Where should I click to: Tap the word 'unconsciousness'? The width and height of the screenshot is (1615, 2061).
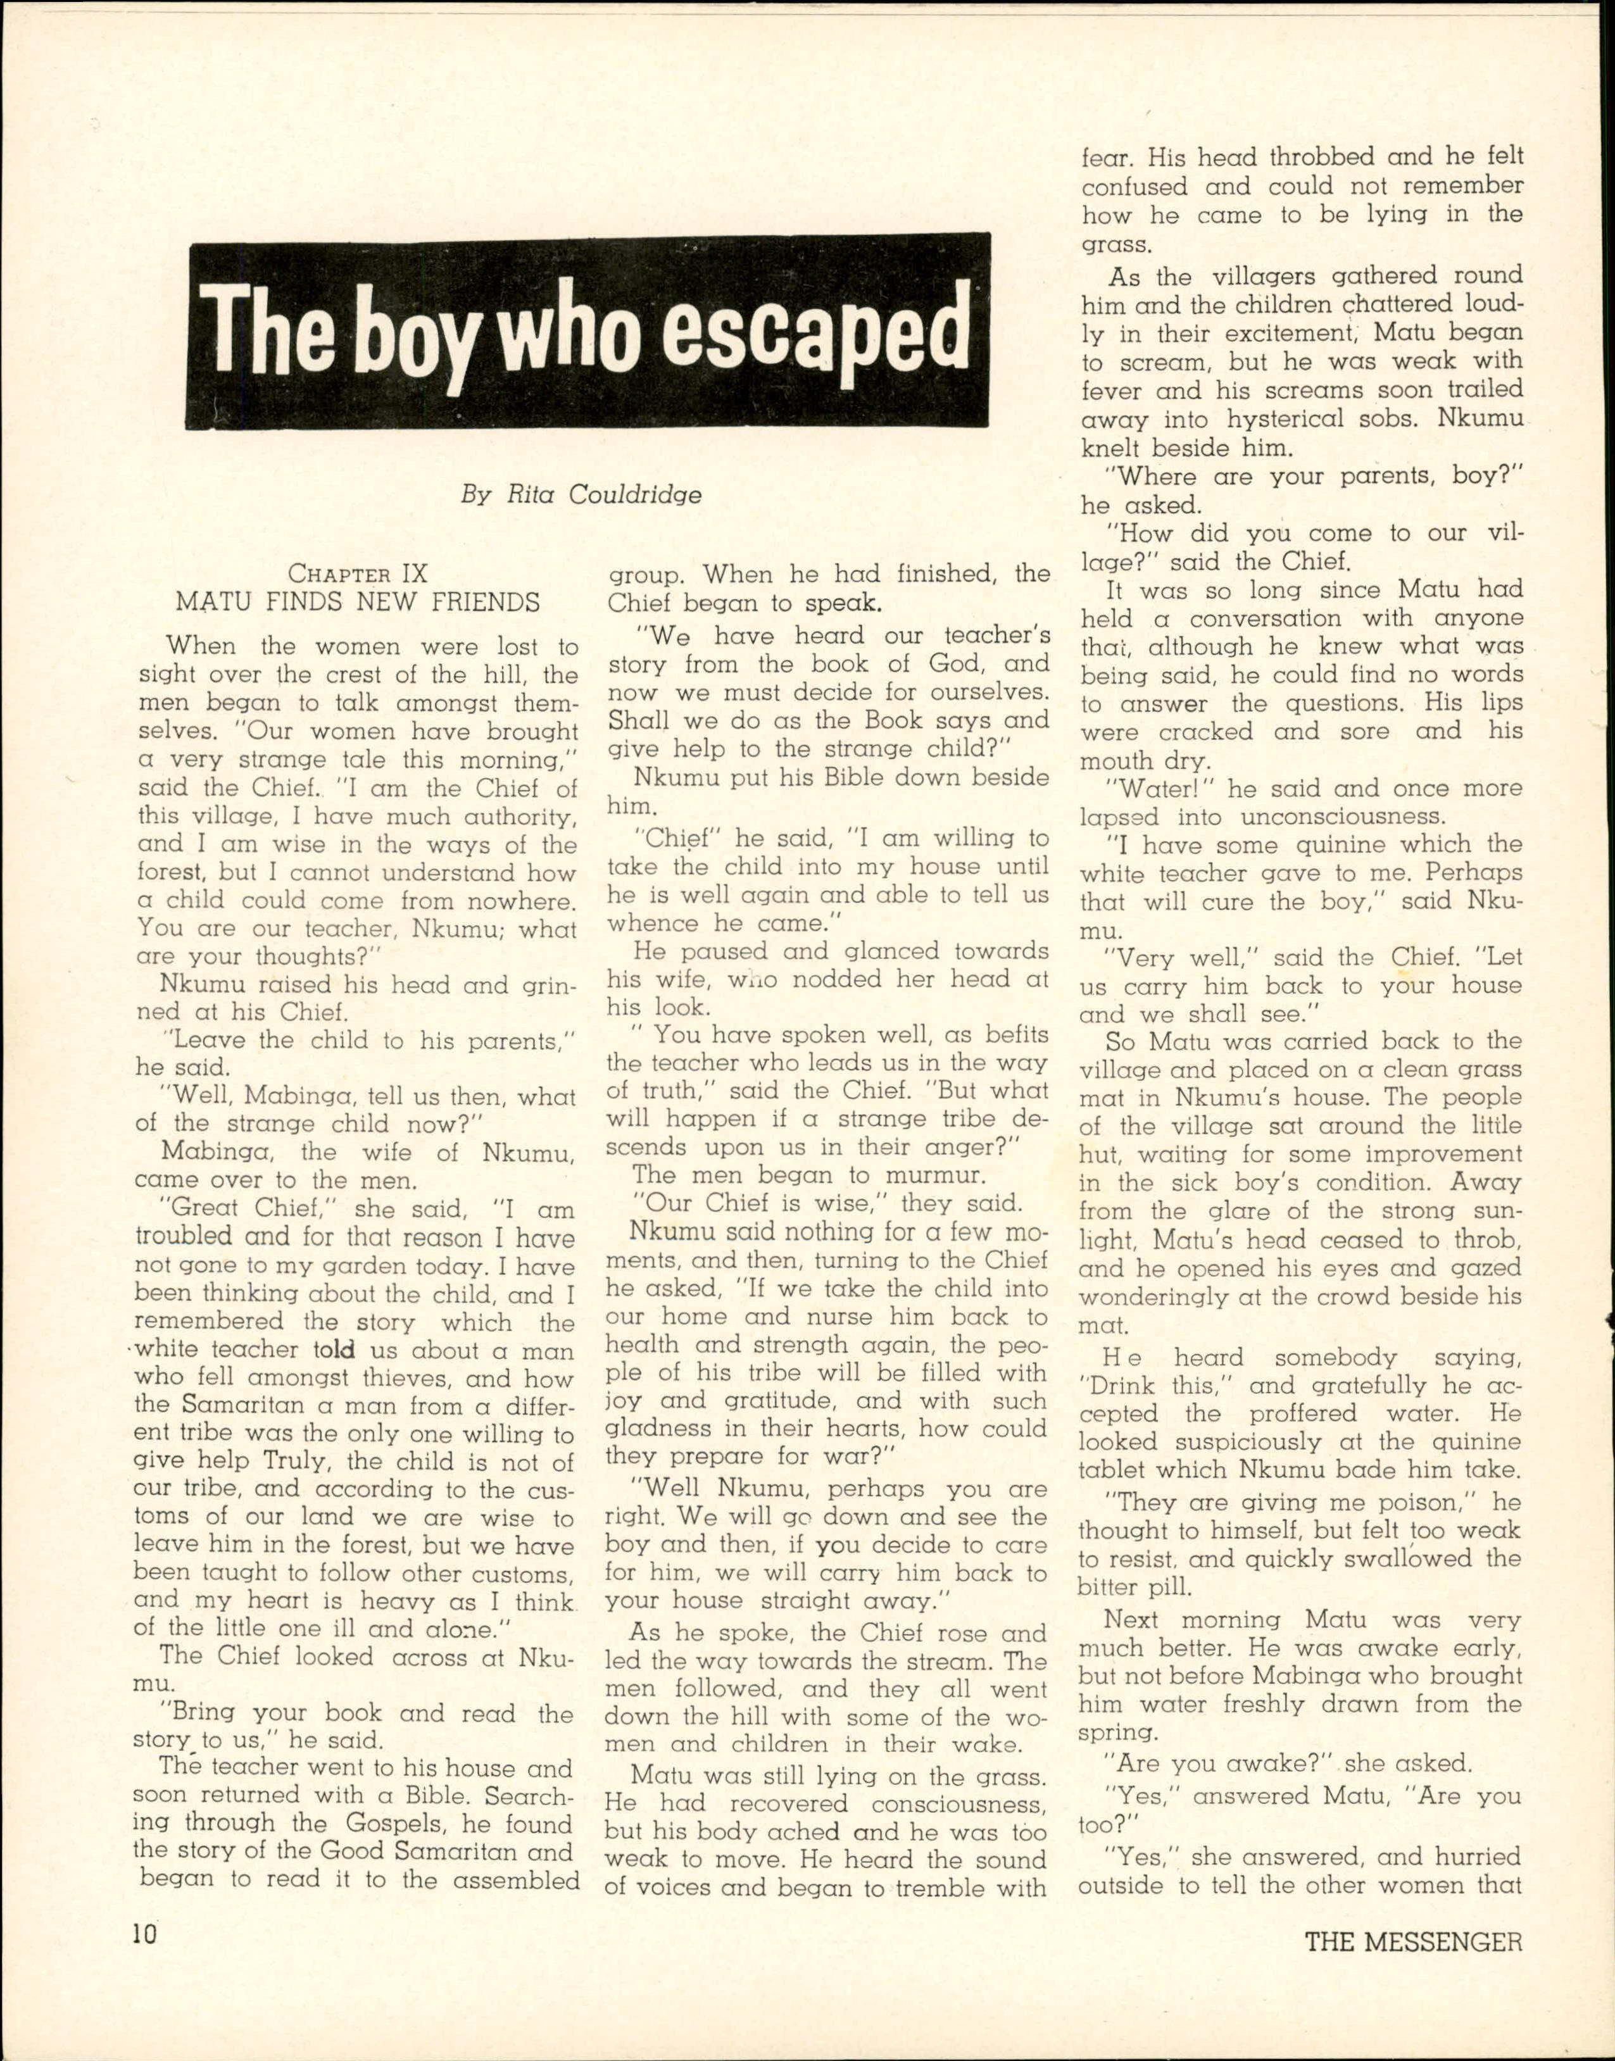pyautogui.click(x=1331, y=817)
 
